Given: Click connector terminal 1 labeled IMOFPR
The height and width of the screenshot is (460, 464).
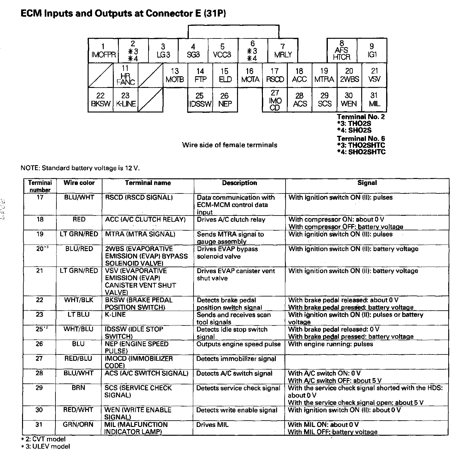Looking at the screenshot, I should click(103, 51).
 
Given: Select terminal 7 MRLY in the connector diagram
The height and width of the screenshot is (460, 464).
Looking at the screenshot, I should click(283, 51).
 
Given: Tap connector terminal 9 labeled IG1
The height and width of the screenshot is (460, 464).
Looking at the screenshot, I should click(372, 51).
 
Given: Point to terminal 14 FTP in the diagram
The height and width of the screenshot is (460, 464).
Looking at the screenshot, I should click(200, 75).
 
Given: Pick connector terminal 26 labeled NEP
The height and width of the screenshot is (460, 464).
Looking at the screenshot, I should click(225, 100).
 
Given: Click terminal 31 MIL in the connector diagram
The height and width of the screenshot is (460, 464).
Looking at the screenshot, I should click(374, 100).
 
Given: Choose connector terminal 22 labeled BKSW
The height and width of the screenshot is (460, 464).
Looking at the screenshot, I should click(100, 100).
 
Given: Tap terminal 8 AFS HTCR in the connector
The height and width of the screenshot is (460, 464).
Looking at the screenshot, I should click(342, 51).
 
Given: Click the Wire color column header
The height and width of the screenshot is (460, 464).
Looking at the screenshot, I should click(79, 183).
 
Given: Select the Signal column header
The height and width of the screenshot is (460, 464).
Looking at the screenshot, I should click(367, 183).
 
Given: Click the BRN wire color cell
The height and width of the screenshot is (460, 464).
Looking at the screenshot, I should click(78, 388).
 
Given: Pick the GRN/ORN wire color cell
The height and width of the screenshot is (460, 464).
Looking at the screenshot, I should click(78, 425).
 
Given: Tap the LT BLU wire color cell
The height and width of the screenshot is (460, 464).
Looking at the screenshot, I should click(79, 314).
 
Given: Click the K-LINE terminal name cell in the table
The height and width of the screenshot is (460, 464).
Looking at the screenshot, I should click(115, 314).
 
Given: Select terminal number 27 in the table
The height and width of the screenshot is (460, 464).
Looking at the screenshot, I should click(39, 359).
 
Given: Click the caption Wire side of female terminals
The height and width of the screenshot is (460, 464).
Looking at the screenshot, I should click(229, 145).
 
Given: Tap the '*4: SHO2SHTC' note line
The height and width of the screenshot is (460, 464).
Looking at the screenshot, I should click(361, 152).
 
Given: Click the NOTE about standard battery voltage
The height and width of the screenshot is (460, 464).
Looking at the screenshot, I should click(80, 168).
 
